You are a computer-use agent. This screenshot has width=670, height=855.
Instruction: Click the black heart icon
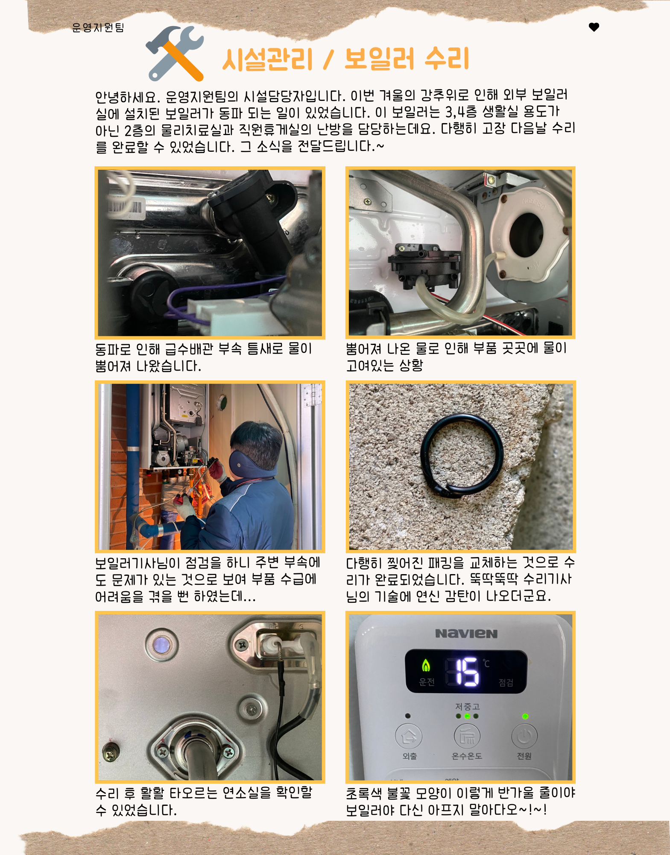click(594, 27)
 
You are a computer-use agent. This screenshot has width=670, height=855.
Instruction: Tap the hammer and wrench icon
click(175, 53)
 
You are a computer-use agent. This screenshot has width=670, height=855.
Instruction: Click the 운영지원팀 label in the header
click(98, 27)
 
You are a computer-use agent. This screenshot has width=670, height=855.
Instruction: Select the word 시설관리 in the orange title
click(268, 59)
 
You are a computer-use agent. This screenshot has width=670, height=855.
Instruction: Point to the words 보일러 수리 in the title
click(407, 58)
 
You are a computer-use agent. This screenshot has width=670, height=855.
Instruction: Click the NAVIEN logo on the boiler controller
click(466, 634)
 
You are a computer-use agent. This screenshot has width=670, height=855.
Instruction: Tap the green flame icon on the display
click(426, 665)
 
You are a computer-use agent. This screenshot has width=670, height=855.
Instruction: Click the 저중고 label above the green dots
click(467, 706)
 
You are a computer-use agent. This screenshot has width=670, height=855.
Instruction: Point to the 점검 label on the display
click(506, 683)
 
